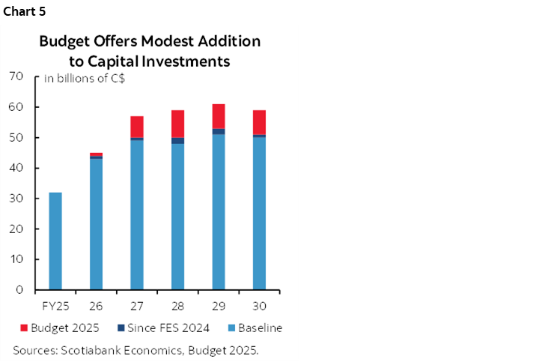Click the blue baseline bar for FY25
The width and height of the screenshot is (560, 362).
55,241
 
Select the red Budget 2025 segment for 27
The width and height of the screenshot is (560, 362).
137,127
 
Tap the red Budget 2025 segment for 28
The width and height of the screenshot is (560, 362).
177,124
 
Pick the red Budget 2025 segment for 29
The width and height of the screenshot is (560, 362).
219,116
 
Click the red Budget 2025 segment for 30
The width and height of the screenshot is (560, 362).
259,122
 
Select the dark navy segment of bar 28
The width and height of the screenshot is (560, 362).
177,141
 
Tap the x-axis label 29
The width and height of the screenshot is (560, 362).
219,307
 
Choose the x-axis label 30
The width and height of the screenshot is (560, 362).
259,307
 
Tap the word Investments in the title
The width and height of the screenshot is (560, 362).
186,61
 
